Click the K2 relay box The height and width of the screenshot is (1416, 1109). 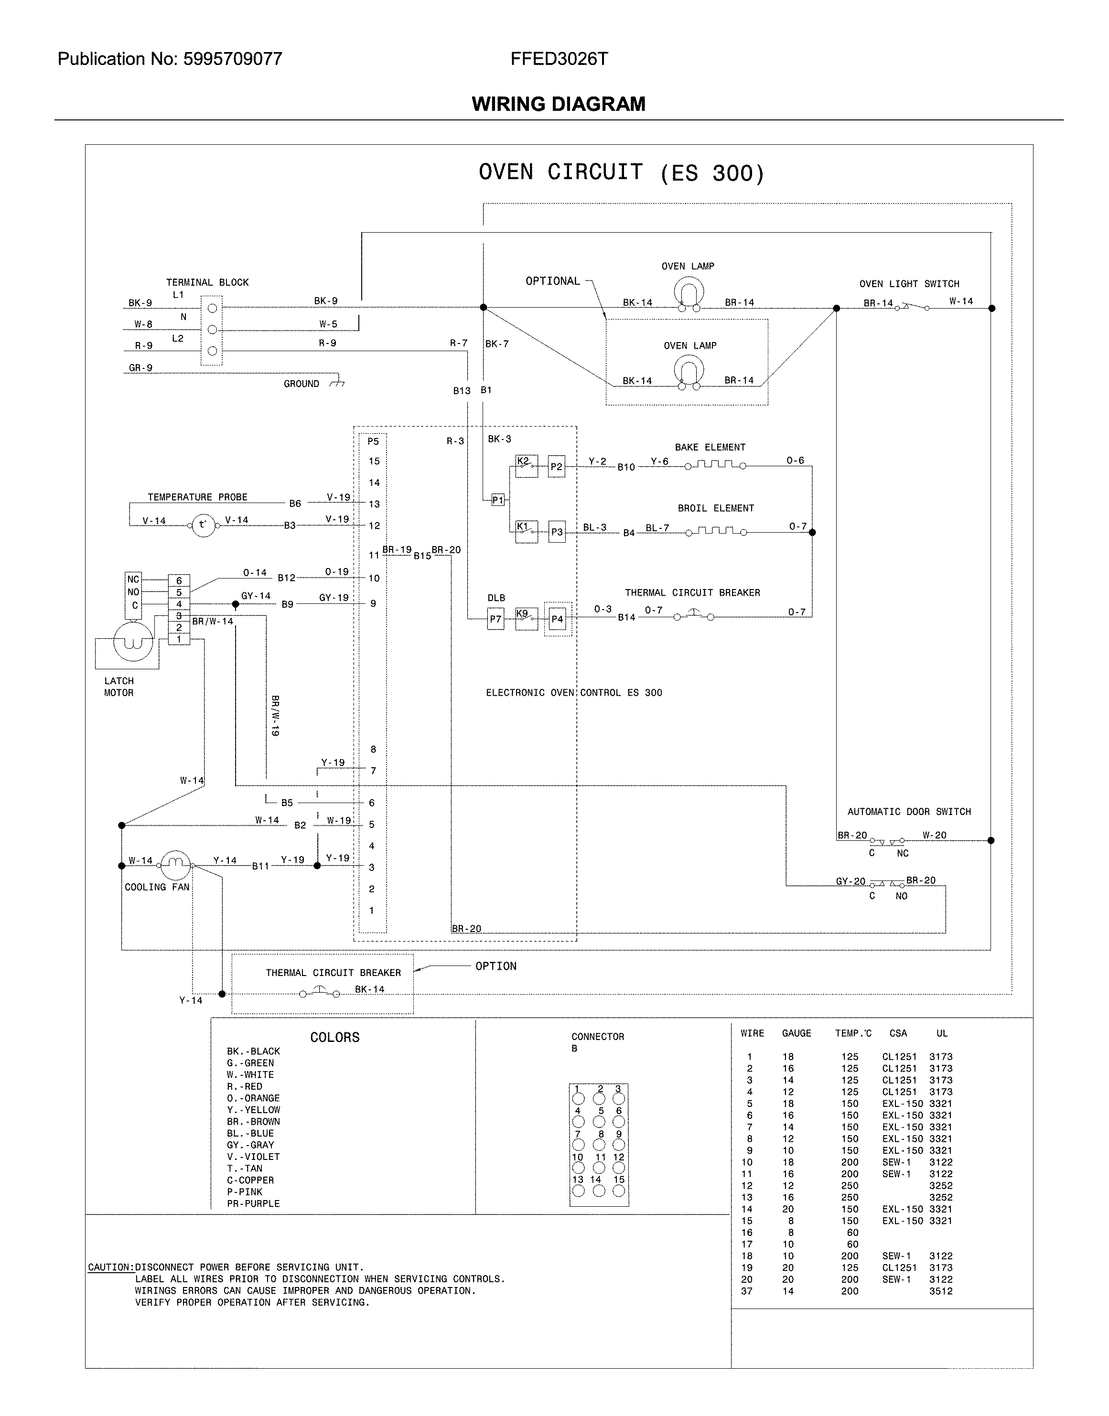(527, 466)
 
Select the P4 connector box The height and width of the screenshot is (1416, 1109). (557, 619)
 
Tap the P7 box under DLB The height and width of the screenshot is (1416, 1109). (495, 619)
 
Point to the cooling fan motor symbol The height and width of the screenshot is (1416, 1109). (174, 861)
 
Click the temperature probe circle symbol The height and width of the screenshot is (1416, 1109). (203, 525)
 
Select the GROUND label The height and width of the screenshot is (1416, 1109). (301, 384)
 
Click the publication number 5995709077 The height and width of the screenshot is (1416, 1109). (232, 59)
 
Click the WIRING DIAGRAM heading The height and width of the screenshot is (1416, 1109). (559, 104)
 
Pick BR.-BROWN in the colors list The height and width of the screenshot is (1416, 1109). (253, 1121)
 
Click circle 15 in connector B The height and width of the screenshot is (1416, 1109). (619, 1191)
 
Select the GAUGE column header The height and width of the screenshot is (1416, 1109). (796, 1033)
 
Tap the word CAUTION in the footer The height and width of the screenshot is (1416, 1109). (110, 1266)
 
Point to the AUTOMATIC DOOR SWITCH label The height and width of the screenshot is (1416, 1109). (908, 812)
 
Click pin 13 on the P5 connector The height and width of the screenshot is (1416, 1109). (374, 504)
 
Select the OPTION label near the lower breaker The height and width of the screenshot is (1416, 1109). (495, 966)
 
